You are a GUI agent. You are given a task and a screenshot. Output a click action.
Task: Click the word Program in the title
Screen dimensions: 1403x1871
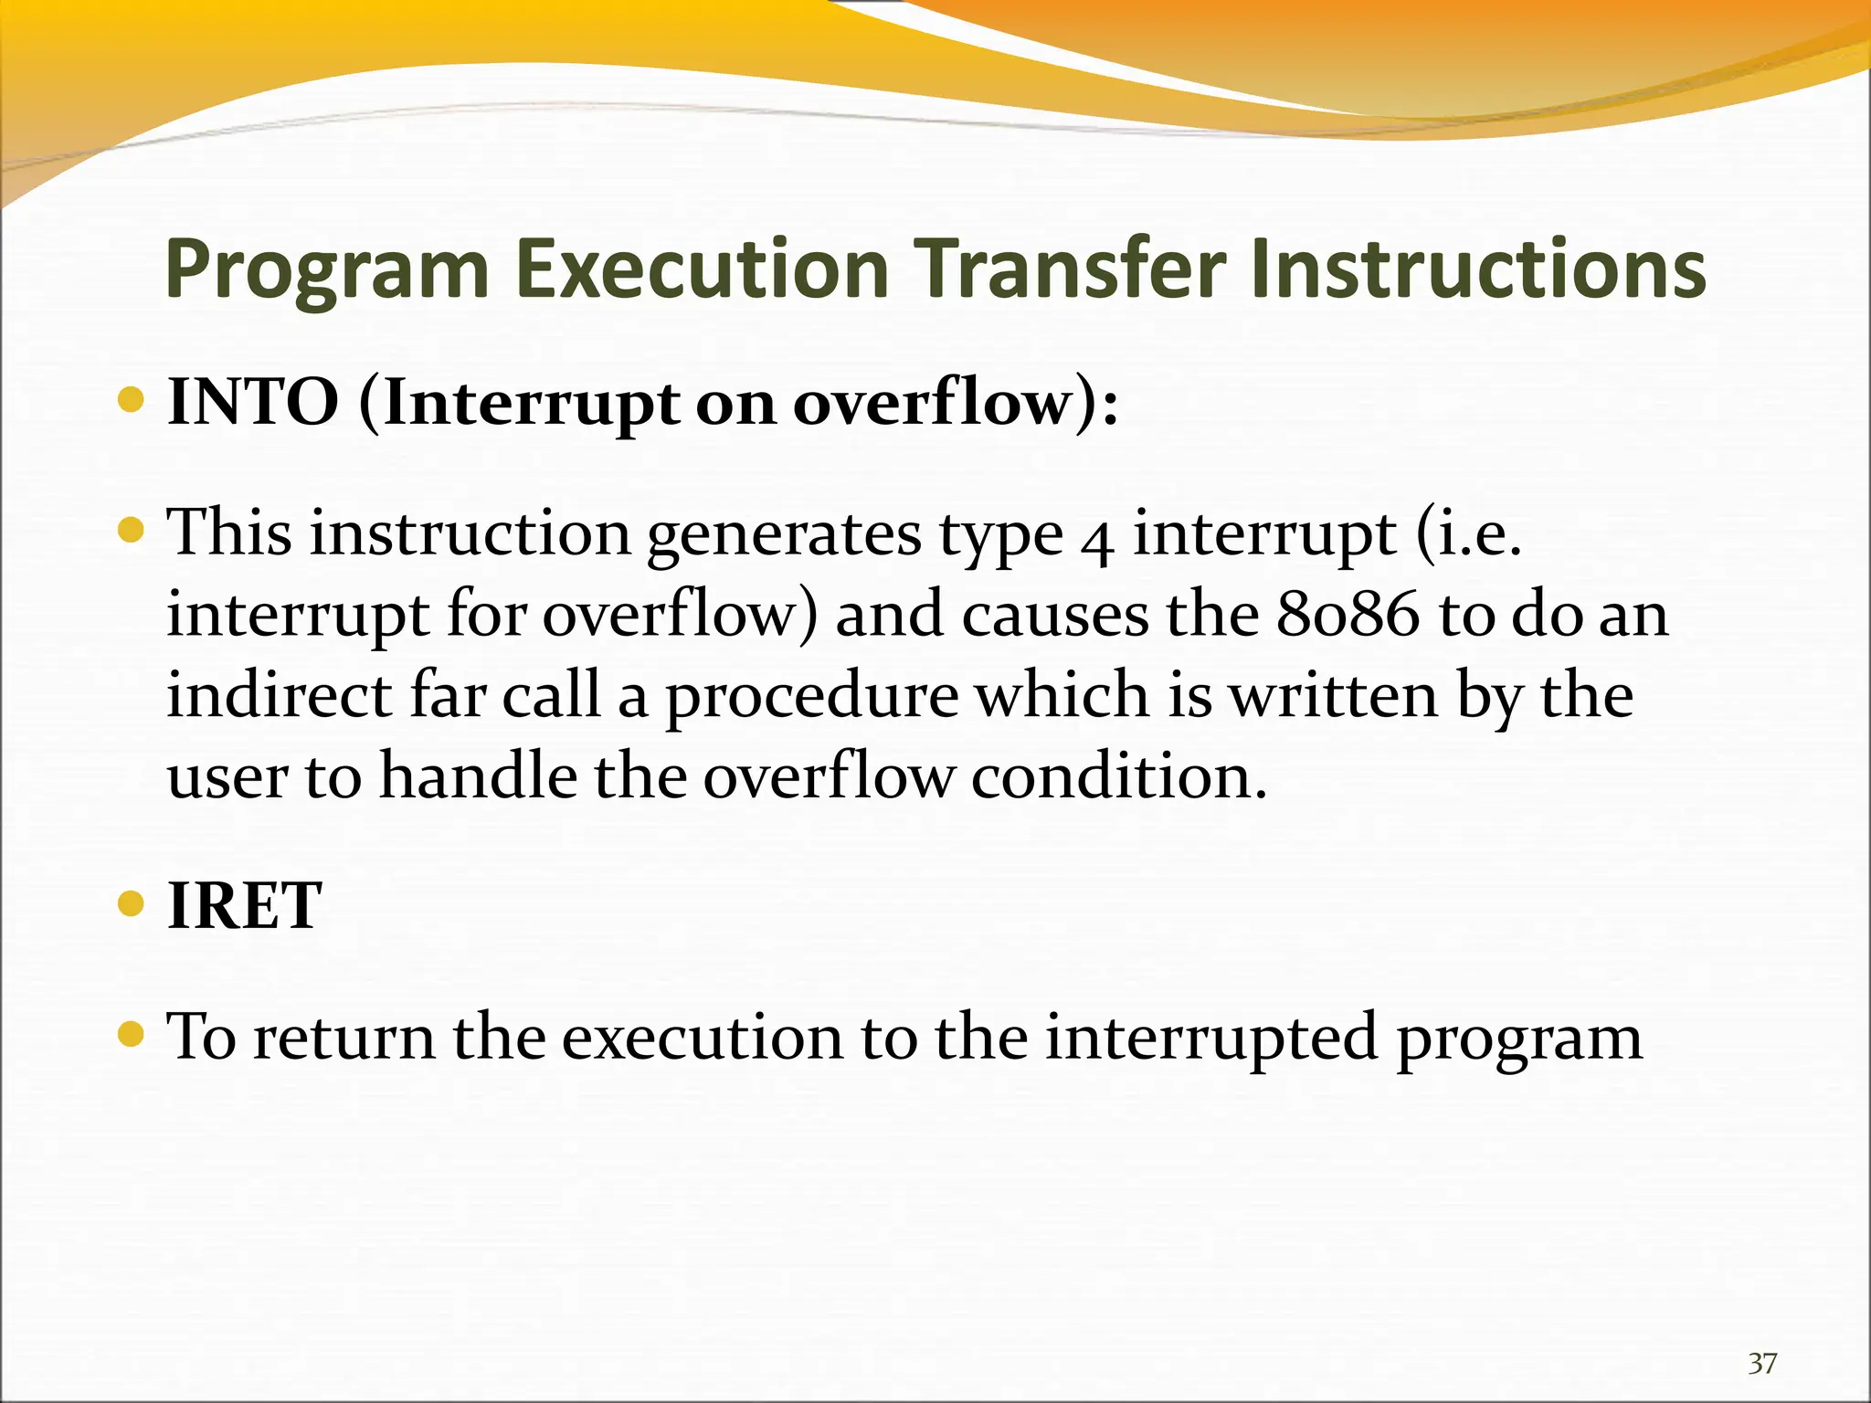[327, 271]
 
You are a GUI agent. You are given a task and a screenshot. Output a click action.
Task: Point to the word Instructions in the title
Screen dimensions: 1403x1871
[1477, 269]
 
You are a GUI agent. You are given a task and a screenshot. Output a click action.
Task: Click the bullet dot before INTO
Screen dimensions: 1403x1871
[132, 400]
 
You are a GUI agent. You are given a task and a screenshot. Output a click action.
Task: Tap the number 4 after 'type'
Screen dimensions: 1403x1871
[1097, 539]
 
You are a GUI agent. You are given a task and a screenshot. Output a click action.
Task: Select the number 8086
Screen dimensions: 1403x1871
[1348, 615]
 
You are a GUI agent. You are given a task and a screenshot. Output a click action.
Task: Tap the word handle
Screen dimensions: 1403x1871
[478, 776]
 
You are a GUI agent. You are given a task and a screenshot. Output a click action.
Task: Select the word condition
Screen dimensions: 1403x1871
[1119, 776]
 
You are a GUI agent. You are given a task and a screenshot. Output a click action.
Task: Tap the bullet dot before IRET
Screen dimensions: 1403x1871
[132, 904]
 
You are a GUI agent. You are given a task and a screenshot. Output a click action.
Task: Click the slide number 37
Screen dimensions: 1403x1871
[1762, 1364]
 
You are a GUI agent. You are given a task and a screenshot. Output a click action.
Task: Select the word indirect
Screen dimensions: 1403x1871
[280, 696]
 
